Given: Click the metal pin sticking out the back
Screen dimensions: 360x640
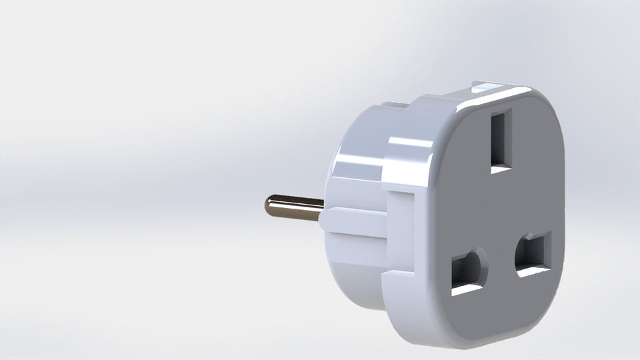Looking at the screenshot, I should coord(293,207).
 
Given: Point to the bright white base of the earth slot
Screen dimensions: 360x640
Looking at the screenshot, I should coord(501,169).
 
